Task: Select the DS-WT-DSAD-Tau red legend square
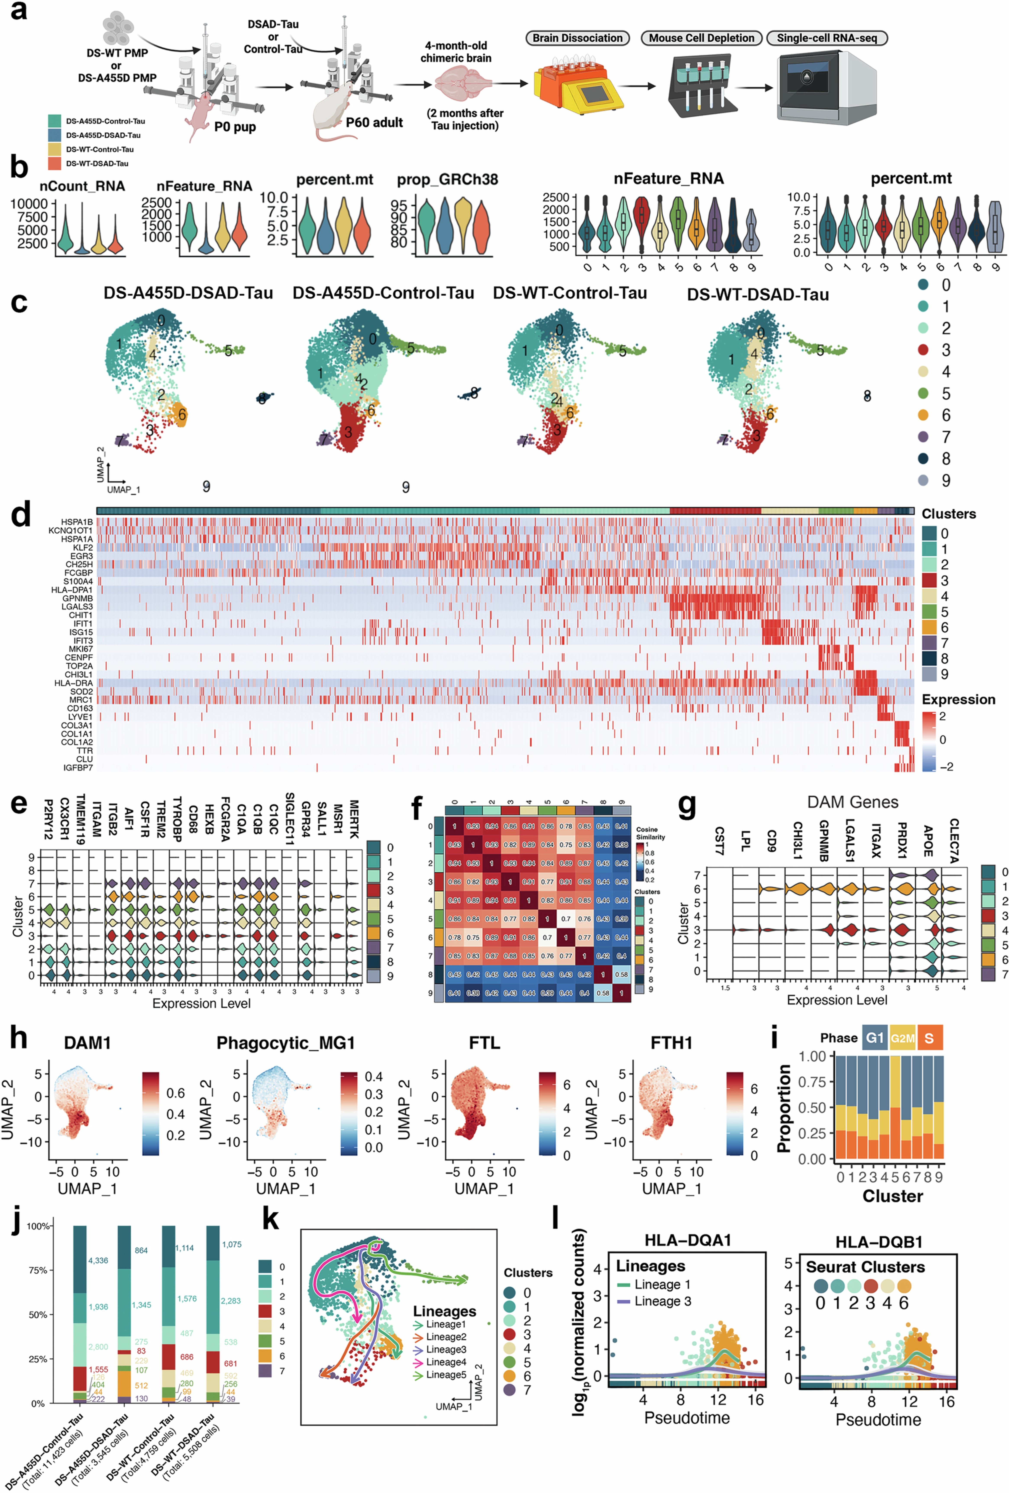(x=55, y=163)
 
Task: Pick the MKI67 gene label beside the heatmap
(x=81, y=649)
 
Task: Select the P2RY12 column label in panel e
(x=48, y=819)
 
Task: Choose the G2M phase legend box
(x=902, y=1038)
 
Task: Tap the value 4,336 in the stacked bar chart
(x=98, y=1260)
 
